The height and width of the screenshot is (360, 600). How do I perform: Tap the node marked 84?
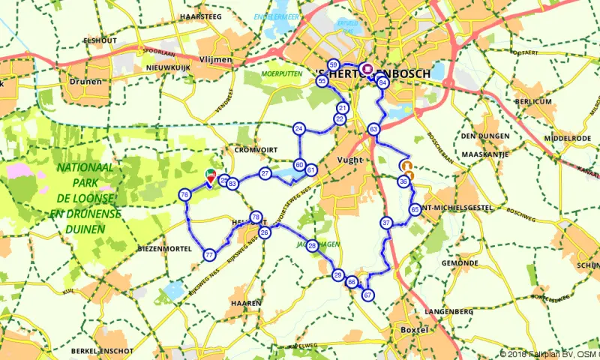tap(382, 82)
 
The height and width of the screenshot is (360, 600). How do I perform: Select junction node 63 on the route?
tap(373, 130)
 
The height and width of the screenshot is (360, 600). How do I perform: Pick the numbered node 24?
tap(299, 129)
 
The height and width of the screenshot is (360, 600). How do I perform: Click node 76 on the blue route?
tap(184, 195)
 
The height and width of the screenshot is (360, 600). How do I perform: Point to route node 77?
tap(209, 256)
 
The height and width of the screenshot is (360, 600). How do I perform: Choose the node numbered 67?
tap(367, 295)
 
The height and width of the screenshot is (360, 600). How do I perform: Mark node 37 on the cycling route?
tap(386, 223)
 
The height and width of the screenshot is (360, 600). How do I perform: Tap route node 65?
tap(415, 210)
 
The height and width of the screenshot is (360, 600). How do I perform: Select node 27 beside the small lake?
tap(265, 173)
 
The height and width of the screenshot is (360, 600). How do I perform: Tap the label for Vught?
tap(349, 160)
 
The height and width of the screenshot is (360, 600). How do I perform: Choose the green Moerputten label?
tap(281, 74)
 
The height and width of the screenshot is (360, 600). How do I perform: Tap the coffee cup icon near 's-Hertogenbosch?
tap(367, 67)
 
